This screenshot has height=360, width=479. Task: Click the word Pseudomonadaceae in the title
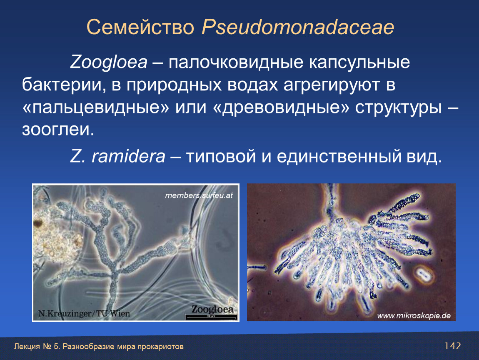298,27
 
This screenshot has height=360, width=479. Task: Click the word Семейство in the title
140,27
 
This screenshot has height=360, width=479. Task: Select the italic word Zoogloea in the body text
109,62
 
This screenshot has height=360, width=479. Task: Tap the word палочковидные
236,62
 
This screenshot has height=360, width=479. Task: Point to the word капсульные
359,62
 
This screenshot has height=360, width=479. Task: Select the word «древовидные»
280,107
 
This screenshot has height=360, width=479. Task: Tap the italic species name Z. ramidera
117,156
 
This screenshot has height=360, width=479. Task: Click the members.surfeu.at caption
199,195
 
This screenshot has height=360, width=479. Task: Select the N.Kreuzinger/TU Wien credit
84,313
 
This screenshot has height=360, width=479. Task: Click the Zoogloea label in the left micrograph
212,309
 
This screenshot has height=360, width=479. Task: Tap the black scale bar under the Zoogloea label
212,317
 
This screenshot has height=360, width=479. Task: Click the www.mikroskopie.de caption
414,316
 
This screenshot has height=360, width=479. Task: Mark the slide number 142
452,346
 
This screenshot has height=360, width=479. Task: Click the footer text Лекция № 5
37,347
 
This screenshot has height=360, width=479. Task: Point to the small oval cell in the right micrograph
423,274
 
